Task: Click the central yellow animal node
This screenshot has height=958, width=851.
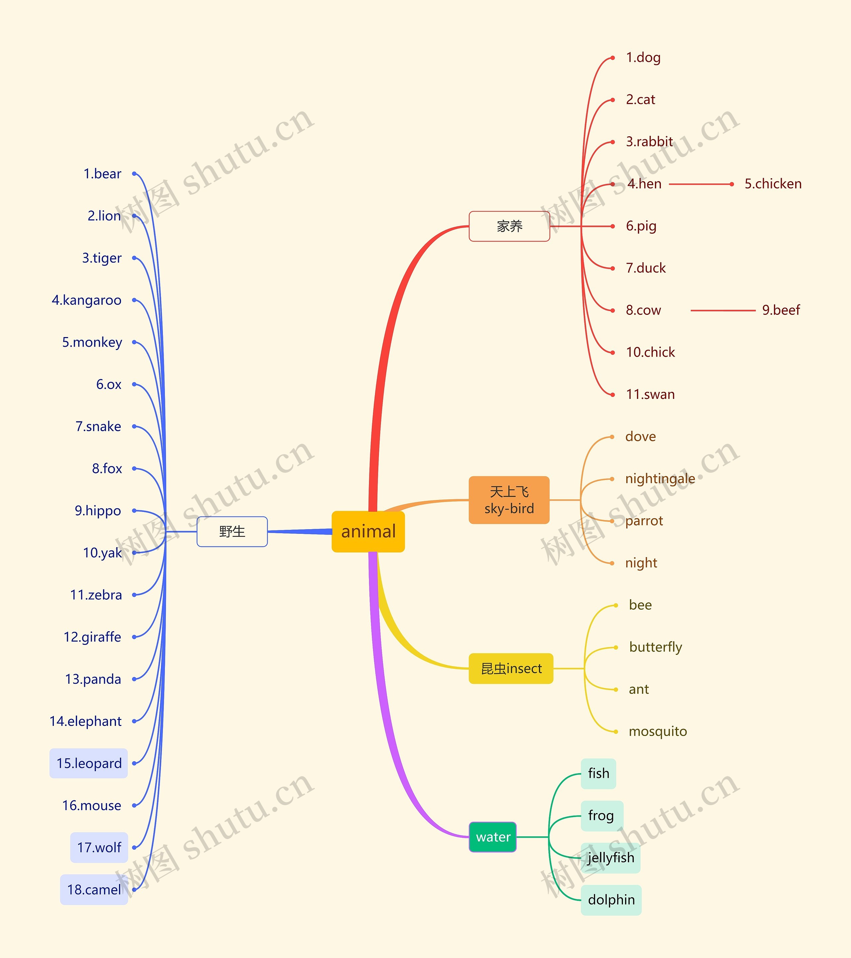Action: (368, 532)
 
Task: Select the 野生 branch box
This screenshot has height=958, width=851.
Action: (232, 532)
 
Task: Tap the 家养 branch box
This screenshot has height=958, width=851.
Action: (509, 226)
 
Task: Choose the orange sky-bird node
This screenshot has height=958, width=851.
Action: (509, 500)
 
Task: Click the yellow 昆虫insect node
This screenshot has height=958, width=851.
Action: (511, 668)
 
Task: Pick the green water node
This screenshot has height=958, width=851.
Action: (493, 837)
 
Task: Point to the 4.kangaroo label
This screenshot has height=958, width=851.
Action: (87, 300)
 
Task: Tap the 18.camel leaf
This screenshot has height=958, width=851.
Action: (94, 890)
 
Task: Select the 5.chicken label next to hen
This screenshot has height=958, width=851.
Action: (773, 184)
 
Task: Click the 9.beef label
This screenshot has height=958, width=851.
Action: (781, 310)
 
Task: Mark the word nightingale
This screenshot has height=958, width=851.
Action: (660, 479)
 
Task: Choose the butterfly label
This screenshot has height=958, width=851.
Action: (655, 647)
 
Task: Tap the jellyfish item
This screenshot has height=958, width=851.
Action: (611, 858)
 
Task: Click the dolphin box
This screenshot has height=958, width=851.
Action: (611, 900)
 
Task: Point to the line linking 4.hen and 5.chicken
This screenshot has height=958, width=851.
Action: (700, 184)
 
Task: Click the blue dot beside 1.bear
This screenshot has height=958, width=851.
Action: (134, 174)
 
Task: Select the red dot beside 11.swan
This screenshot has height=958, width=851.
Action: (612, 395)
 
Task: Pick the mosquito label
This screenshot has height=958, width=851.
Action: (658, 732)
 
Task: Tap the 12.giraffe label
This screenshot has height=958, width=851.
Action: (92, 637)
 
